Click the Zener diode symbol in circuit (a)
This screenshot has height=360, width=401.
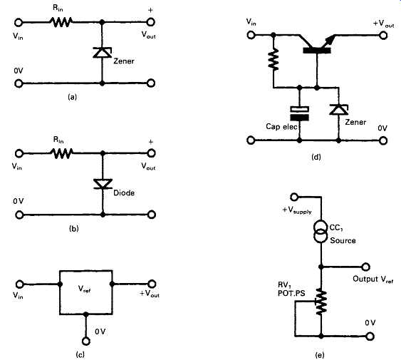point(102,53)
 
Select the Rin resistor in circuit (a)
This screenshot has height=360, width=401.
point(61,22)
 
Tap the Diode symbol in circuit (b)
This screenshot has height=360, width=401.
point(103,184)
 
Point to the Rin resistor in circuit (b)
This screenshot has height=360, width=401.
point(62,153)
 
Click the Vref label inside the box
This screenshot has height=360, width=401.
point(84,289)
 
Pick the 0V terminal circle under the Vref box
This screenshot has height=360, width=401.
point(86,341)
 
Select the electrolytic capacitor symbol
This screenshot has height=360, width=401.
point(299,113)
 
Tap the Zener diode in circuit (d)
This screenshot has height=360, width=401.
point(338,110)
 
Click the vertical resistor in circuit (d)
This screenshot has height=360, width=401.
point(274,60)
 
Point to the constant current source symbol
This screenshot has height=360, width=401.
point(321,231)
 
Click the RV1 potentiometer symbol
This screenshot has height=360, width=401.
point(321,302)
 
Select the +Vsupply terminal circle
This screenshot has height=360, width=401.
point(294,197)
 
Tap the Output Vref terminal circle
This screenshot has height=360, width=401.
point(365,267)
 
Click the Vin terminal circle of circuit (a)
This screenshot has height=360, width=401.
point(19,23)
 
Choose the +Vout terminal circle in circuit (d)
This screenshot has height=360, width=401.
point(383,35)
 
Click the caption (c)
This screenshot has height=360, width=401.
point(80,354)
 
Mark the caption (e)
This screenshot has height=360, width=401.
point(320,355)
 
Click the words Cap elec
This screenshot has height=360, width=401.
point(281,126)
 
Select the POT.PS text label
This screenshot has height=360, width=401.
point(291,293)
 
